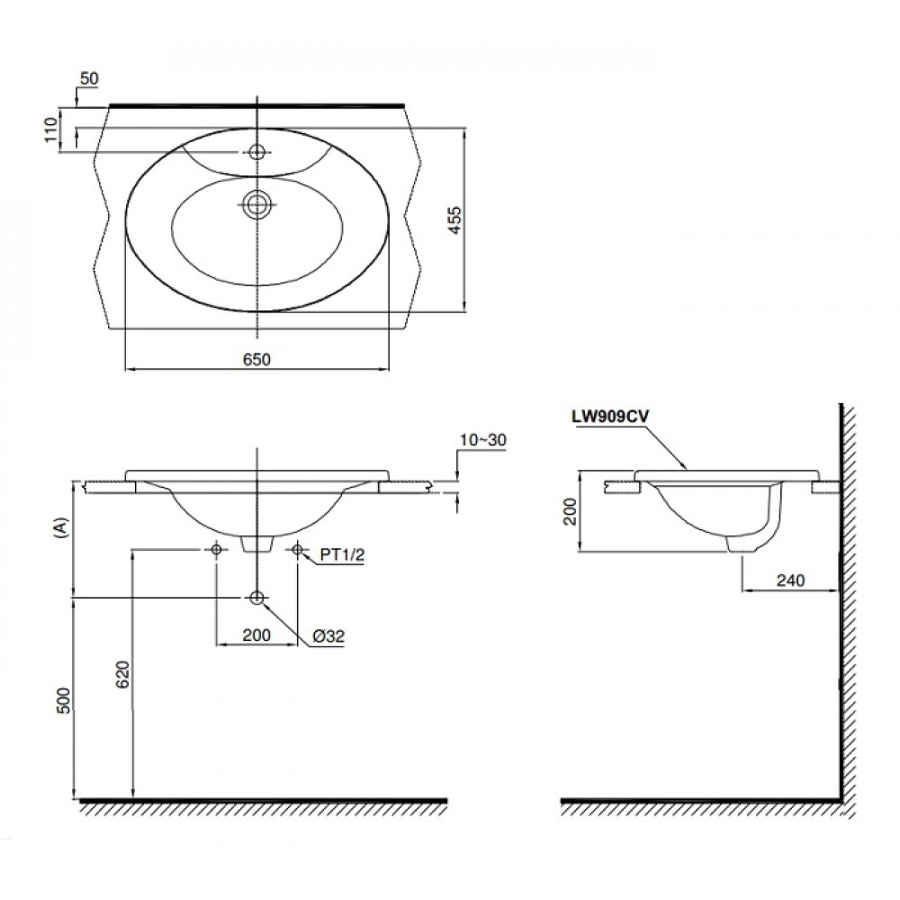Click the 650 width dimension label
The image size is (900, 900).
pyautogui.click(x=256, y=358)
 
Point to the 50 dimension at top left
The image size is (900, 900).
pyautogui.click(x=88, y=78)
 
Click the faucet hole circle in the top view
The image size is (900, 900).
pyautogui.click(x=258, y=152)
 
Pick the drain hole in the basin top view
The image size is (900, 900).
pyautogui.click(x=258, y=204)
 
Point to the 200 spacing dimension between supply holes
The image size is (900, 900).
pyautogui.click(x=256, y=634)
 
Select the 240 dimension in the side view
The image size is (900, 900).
pyautogui.click(x=788, y=580)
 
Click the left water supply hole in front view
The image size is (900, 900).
pyautogui.click(x=216, y=550)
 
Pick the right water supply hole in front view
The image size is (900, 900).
pyautogui.click(x=299, y=550)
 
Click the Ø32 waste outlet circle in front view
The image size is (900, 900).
pyautogui.click(x=257, y=598)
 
